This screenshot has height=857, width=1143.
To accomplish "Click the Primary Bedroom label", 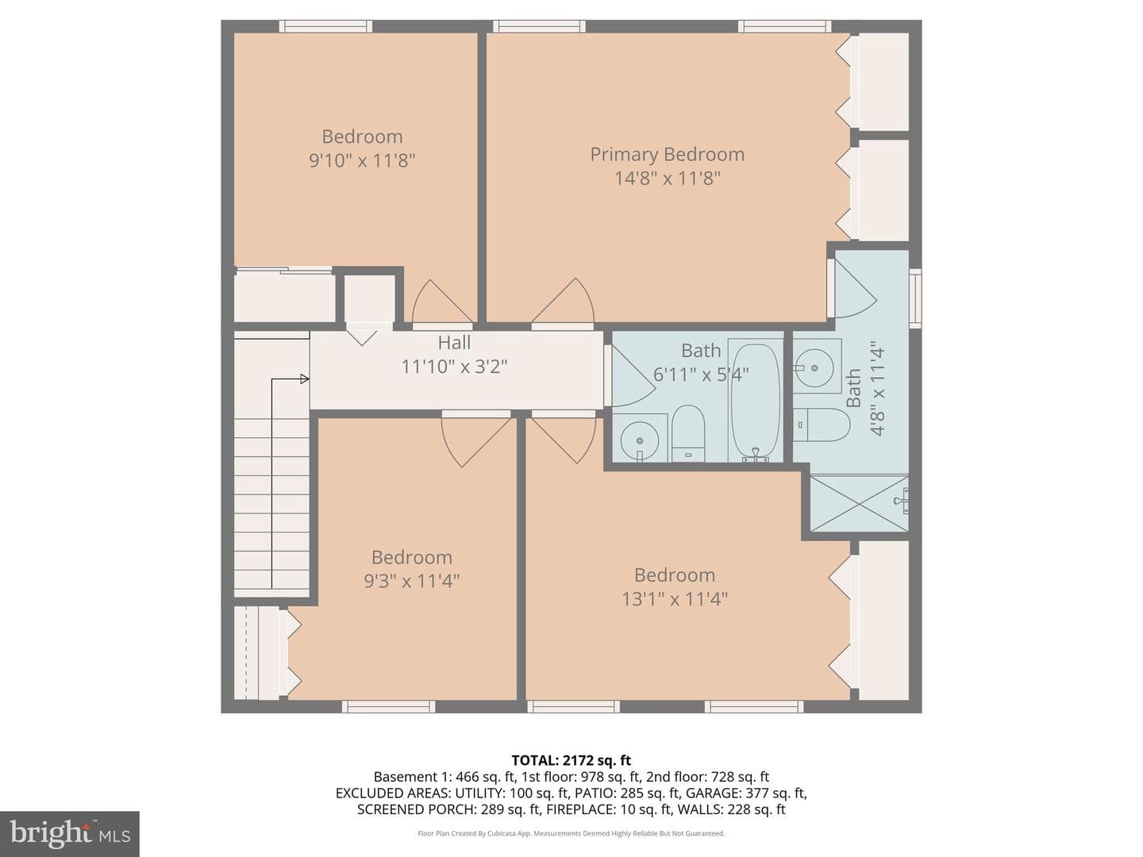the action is pyautogui.click(x=667, y=155).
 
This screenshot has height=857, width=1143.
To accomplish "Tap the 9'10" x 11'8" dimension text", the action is pyautogui.click(x=362, y=160).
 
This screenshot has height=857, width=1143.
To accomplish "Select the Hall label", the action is pyautogui.click(x=454, y=342).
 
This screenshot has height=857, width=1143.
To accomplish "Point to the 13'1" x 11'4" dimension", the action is pyautogui.click(x=675, y=599).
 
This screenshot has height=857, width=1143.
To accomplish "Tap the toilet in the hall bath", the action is pyautogui.click(x=688, y=433).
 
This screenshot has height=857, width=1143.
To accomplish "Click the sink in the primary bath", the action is pyautogui.click(x=814, y=368).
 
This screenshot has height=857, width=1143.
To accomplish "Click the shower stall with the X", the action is pyautogui.click(x=859, y=503).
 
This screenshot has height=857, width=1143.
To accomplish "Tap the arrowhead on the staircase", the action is pyautogui.click(x=305, y=379).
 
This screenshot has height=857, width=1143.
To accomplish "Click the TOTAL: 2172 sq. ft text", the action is pyautogui.click(x=571, y=760).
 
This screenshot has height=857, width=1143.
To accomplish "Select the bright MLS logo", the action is pyautogui.click(x=70, y=833).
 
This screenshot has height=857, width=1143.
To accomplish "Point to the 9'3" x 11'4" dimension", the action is pyautogui.click(x=411, y=581).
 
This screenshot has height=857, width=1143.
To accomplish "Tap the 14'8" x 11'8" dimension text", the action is pyautogui.click(x=667, y=179).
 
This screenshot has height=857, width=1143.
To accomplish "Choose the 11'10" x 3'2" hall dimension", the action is pyautogui.click(x=454, y=367).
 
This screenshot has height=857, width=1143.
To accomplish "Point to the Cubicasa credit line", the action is pyautogui.click(x=571, y=833).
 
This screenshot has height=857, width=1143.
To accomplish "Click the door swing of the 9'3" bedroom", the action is pyautogui.click(x=476, y=440).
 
